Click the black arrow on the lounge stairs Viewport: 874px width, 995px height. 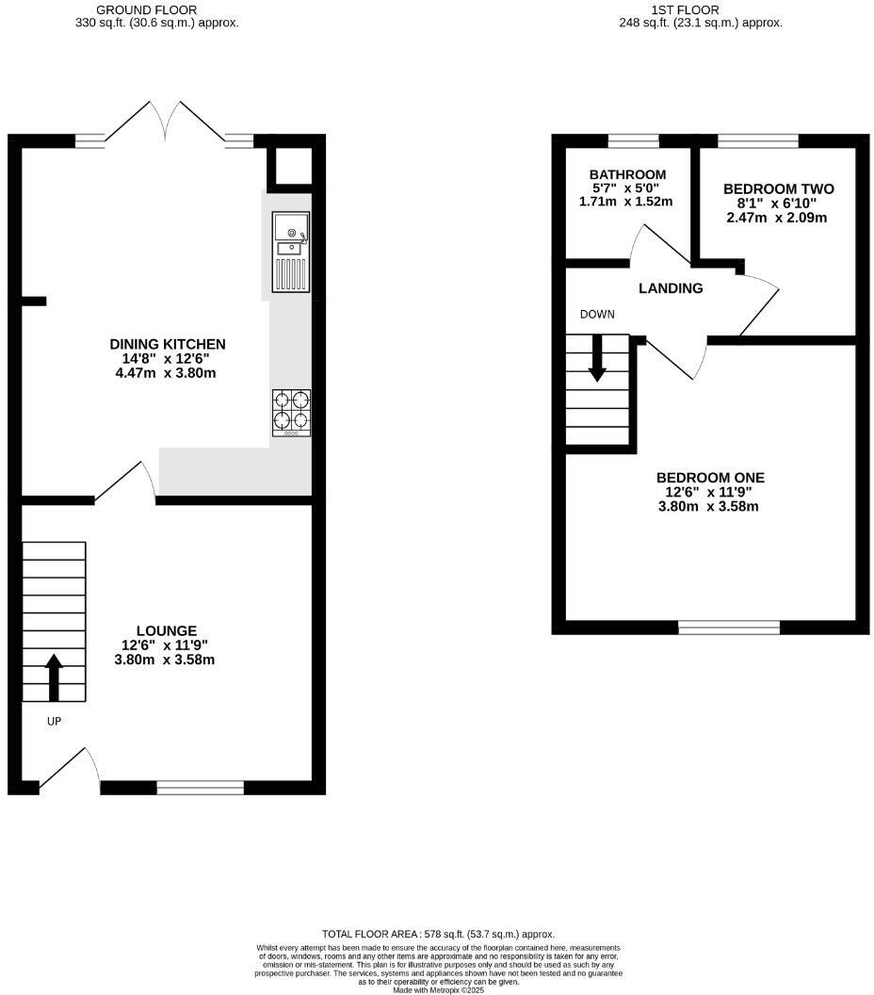pyautogui.click(x=54, y=677)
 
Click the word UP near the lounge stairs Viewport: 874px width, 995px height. pyautogui.click(x=53, y=721)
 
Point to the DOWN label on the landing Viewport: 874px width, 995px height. pyautogui.click(x=597, y=314)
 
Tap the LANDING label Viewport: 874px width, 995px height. pyautogui.click(x=671, y=288)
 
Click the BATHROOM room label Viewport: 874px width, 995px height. pyautogui.click(x=627, y=175)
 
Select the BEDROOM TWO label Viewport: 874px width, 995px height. pyautogui.click(x=778, y=189)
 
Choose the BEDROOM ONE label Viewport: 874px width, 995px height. pyautogui.click(x=710, y=478)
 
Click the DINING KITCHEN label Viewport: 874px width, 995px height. pyautogui.click(x=168, y=344)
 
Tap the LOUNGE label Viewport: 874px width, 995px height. pyautogui.click(x=167, y=630)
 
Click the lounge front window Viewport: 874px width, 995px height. pyautogui.click(x=200, y=788)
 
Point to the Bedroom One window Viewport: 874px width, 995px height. pyautogui.click(x=729, y=627)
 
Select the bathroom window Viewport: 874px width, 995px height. pyautogui.click(x=633, y=141)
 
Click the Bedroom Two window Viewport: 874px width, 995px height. pyautogui.click(x=758, y=141)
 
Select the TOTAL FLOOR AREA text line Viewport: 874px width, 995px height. pyautogui.click(x=438, y=933)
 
